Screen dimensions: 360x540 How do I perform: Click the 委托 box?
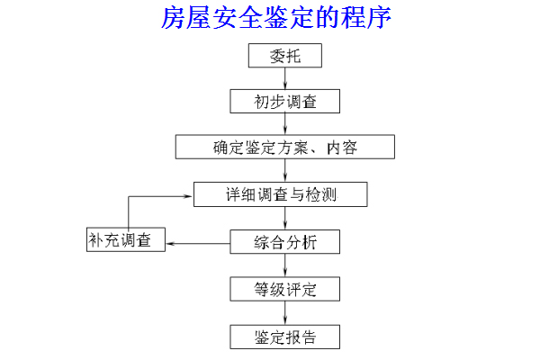tap(284, 57)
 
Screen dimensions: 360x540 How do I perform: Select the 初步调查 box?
tap(284, 101)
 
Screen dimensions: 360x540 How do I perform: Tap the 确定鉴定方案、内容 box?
tap(284, 147)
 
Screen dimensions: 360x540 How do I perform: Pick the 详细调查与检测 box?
tap(284, 193)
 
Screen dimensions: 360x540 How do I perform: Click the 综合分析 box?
tap(284, 241)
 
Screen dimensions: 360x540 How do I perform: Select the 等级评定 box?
tap(284, 289)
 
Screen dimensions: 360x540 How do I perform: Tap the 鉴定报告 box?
tap(284, 337)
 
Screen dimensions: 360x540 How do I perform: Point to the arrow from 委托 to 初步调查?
tap(284, 78)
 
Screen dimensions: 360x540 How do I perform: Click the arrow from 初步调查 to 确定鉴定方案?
tap(284, 124)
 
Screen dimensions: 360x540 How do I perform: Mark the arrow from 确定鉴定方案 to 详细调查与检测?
tap(284, 170)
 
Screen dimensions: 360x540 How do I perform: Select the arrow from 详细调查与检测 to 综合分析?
tap(284, 218)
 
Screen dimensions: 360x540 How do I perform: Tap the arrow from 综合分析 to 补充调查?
tap(197, 241)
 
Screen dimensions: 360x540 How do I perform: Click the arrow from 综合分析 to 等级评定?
tap(284, 265)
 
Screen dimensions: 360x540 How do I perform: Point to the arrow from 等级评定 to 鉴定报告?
tap(284, 313)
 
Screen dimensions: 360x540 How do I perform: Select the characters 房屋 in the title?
tap(185, 18)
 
